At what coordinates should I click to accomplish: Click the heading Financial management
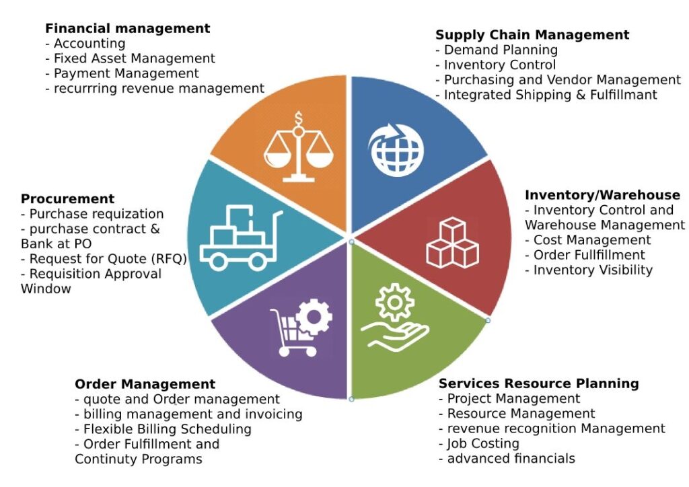(x=127, y=29)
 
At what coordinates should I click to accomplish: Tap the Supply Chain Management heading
(x=532, y=35)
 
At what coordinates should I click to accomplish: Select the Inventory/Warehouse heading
(x=602, y=195)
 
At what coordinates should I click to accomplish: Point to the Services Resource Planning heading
(x=538, y=384)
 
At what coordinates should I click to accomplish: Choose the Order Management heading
(x=145, y=385)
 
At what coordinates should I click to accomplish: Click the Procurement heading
(x=67, y=199)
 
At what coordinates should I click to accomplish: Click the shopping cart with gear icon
(x=300, y=328)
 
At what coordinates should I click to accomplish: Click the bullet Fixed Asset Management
(x=134, y=59)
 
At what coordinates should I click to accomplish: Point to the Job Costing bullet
(x=482, y=444)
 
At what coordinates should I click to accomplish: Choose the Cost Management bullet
(x=591, y=240)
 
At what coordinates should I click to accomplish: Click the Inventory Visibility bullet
(x=592, y=270)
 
